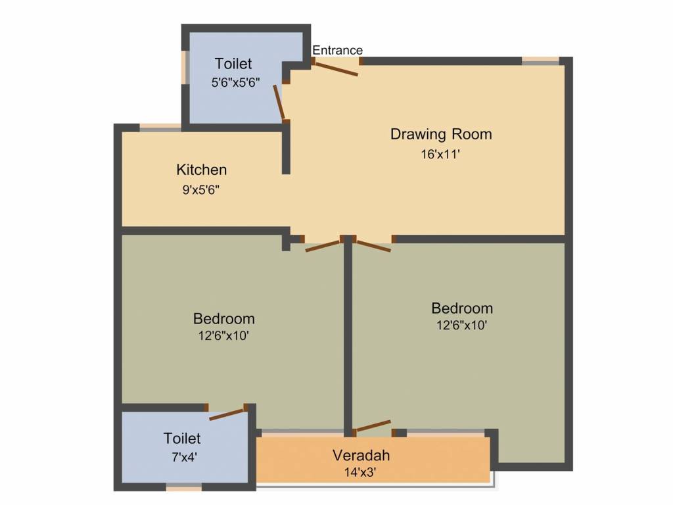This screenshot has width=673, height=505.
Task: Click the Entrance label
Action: pos(337,50)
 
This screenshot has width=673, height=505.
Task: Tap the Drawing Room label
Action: pos(441,134)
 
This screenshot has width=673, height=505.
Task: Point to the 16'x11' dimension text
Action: pos(440,155)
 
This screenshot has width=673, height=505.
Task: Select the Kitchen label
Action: pos(201,170)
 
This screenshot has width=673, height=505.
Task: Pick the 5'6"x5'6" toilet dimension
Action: pos(235,83)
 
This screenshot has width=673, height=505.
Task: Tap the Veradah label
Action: pos(361,455)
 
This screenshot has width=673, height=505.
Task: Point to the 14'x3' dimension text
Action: pos(360,471)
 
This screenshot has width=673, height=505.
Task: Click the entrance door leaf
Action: pos(336,69)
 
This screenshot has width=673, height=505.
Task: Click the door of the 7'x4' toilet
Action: pos(227,414)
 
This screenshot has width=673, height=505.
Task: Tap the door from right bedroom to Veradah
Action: pos(373,425)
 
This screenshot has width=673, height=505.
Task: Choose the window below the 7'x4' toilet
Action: pos(183,488)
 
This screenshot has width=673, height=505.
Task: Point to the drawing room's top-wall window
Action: pos(540,61)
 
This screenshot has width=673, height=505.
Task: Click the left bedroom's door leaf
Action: pos(322,247)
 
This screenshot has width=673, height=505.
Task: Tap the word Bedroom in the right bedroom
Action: pos(462,308)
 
